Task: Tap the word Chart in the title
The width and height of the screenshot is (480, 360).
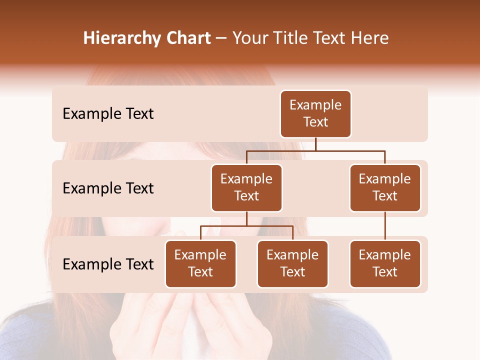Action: coord(186,38)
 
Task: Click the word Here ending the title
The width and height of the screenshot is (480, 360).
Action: coord(369,38)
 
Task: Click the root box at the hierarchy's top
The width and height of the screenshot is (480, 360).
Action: coord(315,114)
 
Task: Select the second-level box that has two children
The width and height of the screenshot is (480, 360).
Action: coord(246,188)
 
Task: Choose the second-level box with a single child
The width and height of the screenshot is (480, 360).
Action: coord(385,188)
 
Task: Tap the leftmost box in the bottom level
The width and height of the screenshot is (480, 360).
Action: coord(200,264)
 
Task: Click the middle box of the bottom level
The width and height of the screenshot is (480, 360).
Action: coord(292,264)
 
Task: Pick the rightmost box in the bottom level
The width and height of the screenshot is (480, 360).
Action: coord(385,264)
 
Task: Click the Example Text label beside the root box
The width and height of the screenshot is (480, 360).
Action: coord(108,114)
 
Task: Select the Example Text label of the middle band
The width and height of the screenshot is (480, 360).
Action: coord(108,188)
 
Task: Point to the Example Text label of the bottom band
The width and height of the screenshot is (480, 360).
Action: coord(108,264)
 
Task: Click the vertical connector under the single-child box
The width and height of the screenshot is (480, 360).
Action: coord(385,226)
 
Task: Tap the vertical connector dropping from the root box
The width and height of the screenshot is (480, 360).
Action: coord(315,144)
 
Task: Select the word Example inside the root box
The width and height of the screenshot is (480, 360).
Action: coord(315,105)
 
